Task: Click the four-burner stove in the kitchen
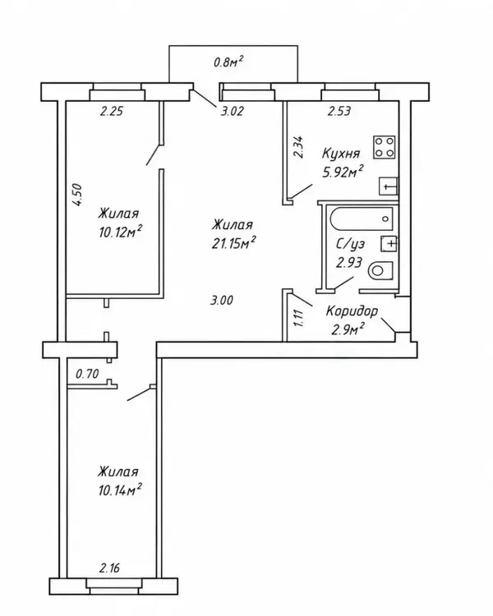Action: pyautogui.click(x=384, y=147)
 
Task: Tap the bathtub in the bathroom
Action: pyautogui.click(x=362, y=219)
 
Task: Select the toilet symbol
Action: pyautogui.click(x=381, y=270)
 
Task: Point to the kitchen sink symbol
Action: pyautogui.click(x=389, y=186)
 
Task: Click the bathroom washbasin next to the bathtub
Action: pyautogui.click(x=389, y=244)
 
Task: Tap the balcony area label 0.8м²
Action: pyautogui.click(x=228, y=62)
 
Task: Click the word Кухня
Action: pyautogui.click(x=341, y=154)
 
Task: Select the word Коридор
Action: pyautogui.click(x=352, y=311)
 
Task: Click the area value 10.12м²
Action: pyautogui.click(x=120, y=232)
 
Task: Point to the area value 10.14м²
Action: pyautogui.click(x=120, y=490)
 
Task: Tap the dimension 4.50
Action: pyautogui.click(x=77, y=195)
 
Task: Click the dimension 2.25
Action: pyautogui.click(x=112, y=112)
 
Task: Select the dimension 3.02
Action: pyautogui.click(x=232, y=112)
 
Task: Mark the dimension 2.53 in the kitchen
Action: pyautogui.click(x=339, y=112)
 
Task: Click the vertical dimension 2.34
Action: pyautogui.click(x=298, y=147)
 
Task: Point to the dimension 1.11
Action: pyautogui.click(x=298, y=319)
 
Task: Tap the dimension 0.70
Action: pyautogui.click(x=87, y=373)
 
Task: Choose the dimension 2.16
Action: pyautogui.click(x=109, y=568)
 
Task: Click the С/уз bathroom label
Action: pyautogui.click(x=350, y=244)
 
